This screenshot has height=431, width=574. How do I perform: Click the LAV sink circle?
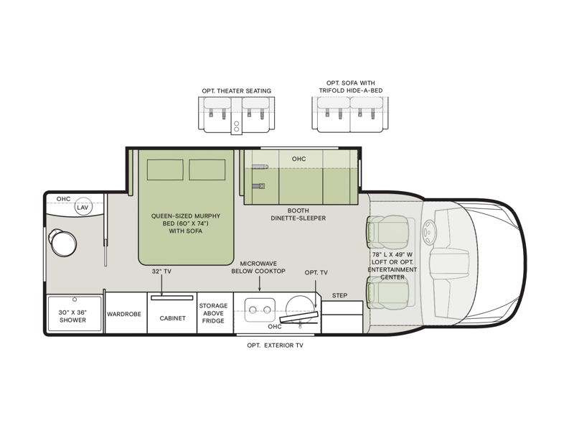coord(83,208)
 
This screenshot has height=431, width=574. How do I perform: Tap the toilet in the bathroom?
coord(62,242)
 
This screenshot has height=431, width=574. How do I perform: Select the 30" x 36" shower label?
coord(73,316)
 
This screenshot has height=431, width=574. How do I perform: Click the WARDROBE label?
coord(124,314)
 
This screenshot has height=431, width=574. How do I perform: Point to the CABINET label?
coord(172,318)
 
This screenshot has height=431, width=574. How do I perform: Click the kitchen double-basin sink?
coord(260,310)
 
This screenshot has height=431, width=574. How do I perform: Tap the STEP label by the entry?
coord(339,295)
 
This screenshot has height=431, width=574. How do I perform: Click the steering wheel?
coord(428,231)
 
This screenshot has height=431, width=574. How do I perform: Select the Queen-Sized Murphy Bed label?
coord(186,223)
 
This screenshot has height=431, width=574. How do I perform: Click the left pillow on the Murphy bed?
coord(165,170)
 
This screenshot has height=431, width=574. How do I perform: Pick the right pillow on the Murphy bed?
coord(207,170)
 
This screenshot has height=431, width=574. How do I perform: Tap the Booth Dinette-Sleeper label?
coord(298,214)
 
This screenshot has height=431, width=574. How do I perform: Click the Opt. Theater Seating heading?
coord(237,91)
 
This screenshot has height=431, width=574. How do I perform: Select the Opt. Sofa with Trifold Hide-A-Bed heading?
coord(351,87)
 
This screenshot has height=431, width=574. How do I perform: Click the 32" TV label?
coord(162,272)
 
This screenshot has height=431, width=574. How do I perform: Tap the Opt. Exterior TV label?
coord(276,346)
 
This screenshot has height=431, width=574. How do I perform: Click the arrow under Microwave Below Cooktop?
coord(259,284)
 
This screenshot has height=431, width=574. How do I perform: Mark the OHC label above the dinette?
coord(298,159)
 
